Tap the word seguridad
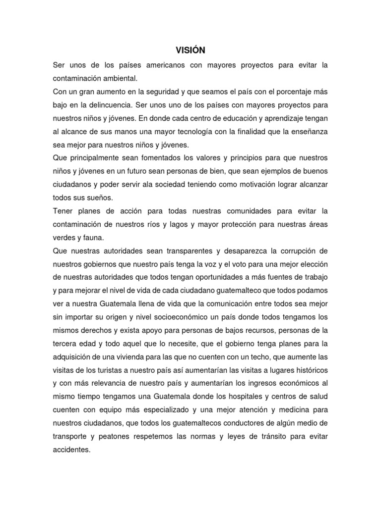coord(169,92)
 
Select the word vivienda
coord(127,356)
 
